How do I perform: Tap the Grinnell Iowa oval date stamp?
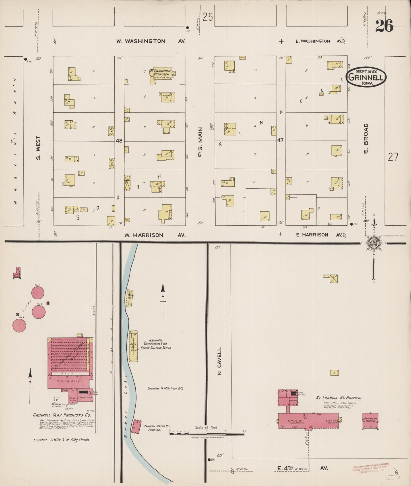(366, 76)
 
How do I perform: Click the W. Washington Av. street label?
(151, 41)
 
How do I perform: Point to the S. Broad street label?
(366, 139)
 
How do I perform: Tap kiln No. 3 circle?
(19, 325)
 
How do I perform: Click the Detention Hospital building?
(370, 421)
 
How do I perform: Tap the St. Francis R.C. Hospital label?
(339, 398)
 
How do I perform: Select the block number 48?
(119, 141)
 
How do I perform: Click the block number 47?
(280, 140)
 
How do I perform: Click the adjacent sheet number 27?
(393, 156)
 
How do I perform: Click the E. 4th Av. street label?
(303, 468)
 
